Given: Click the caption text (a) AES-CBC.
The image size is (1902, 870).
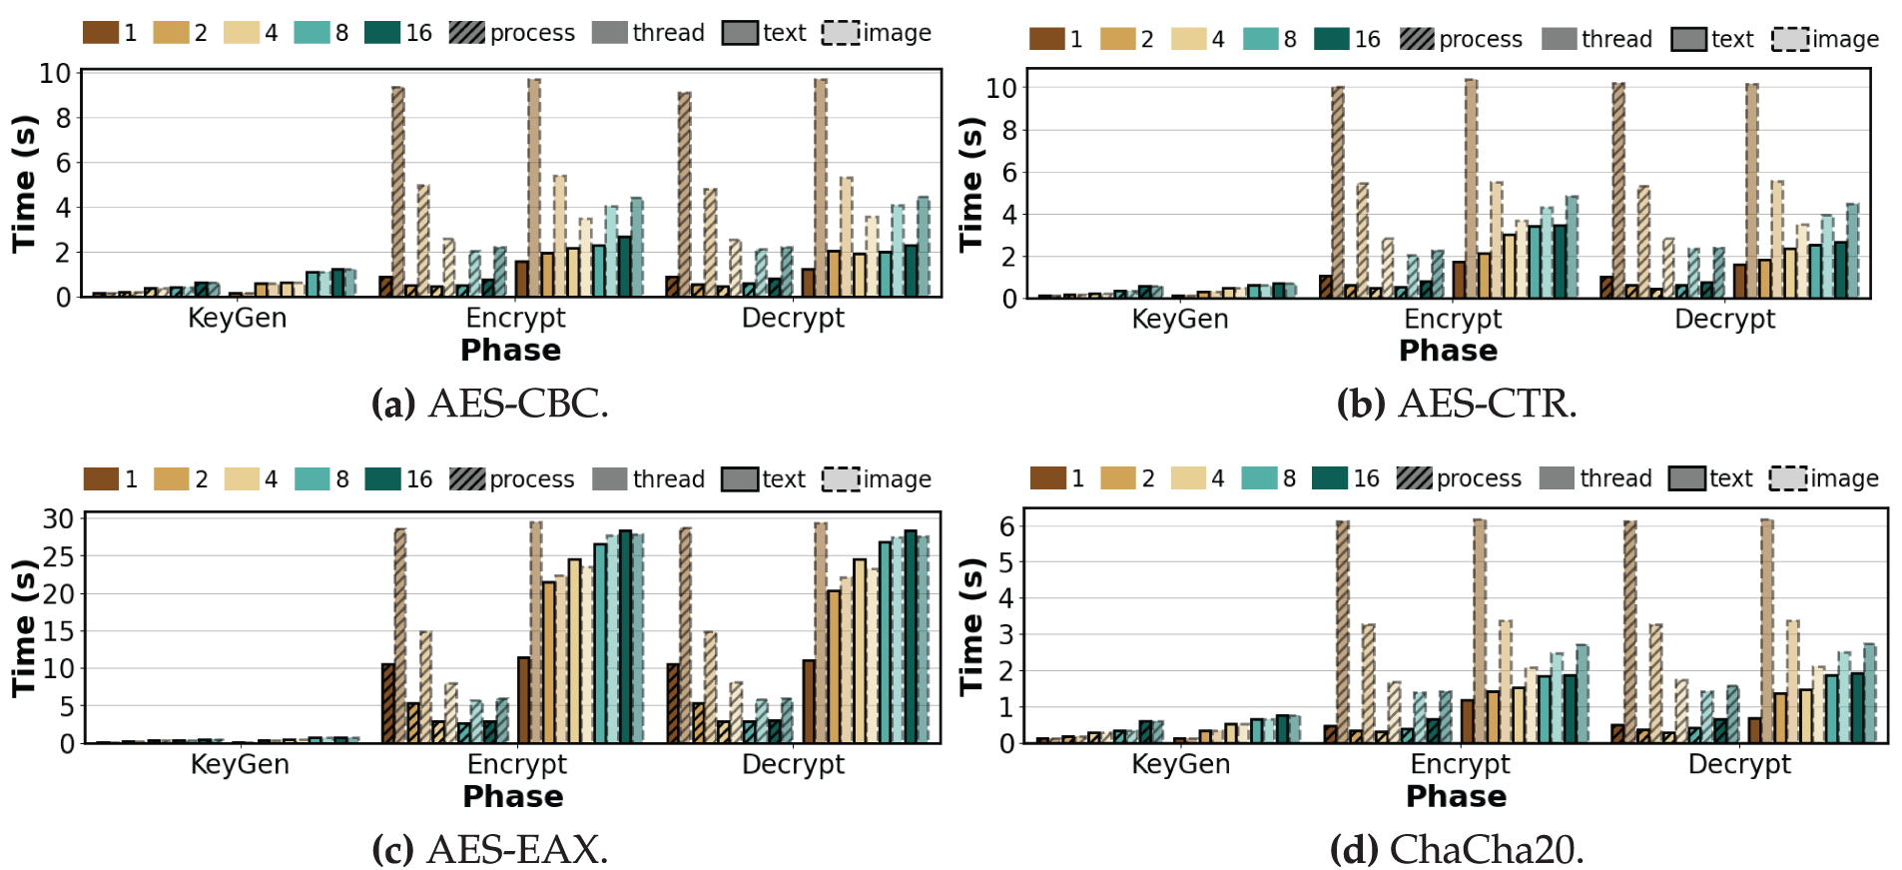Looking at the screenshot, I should (489, 405).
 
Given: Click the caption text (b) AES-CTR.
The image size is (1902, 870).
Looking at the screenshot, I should (1457, 405).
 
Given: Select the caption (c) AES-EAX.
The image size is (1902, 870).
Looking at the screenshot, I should (489, 850).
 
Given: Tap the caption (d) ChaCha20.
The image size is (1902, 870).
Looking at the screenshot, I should (1457, 850).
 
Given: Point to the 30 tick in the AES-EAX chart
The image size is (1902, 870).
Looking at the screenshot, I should (58, 518).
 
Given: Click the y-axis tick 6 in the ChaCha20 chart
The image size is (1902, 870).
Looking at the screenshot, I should (1007, 526).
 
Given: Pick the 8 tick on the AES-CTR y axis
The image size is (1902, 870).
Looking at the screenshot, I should (1007, 130).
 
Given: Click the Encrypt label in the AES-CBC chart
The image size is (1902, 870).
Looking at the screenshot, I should (515, 319).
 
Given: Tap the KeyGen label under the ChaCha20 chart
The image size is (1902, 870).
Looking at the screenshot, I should (1180, 764).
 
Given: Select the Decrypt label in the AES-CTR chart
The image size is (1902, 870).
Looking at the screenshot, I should (1724, 320).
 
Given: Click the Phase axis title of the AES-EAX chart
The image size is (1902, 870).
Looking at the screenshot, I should (513, 797).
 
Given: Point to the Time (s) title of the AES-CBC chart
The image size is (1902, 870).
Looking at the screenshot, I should (24, 184).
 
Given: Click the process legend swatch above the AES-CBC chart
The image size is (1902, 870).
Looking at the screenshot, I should (466, 33).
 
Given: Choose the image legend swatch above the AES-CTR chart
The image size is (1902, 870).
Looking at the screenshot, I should (1790, 39).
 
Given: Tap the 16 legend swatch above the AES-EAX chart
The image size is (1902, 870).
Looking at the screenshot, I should (382, 479).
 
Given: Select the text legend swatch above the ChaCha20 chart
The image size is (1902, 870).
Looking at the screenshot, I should (1686, 478).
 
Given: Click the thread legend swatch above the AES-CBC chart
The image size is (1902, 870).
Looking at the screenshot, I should (609, 33).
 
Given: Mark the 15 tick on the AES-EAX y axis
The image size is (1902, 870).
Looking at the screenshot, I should (58, 631).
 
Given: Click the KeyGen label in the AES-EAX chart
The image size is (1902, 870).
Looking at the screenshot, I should (240, 765).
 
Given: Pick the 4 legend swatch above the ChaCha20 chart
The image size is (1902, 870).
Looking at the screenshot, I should (1188, 478).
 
